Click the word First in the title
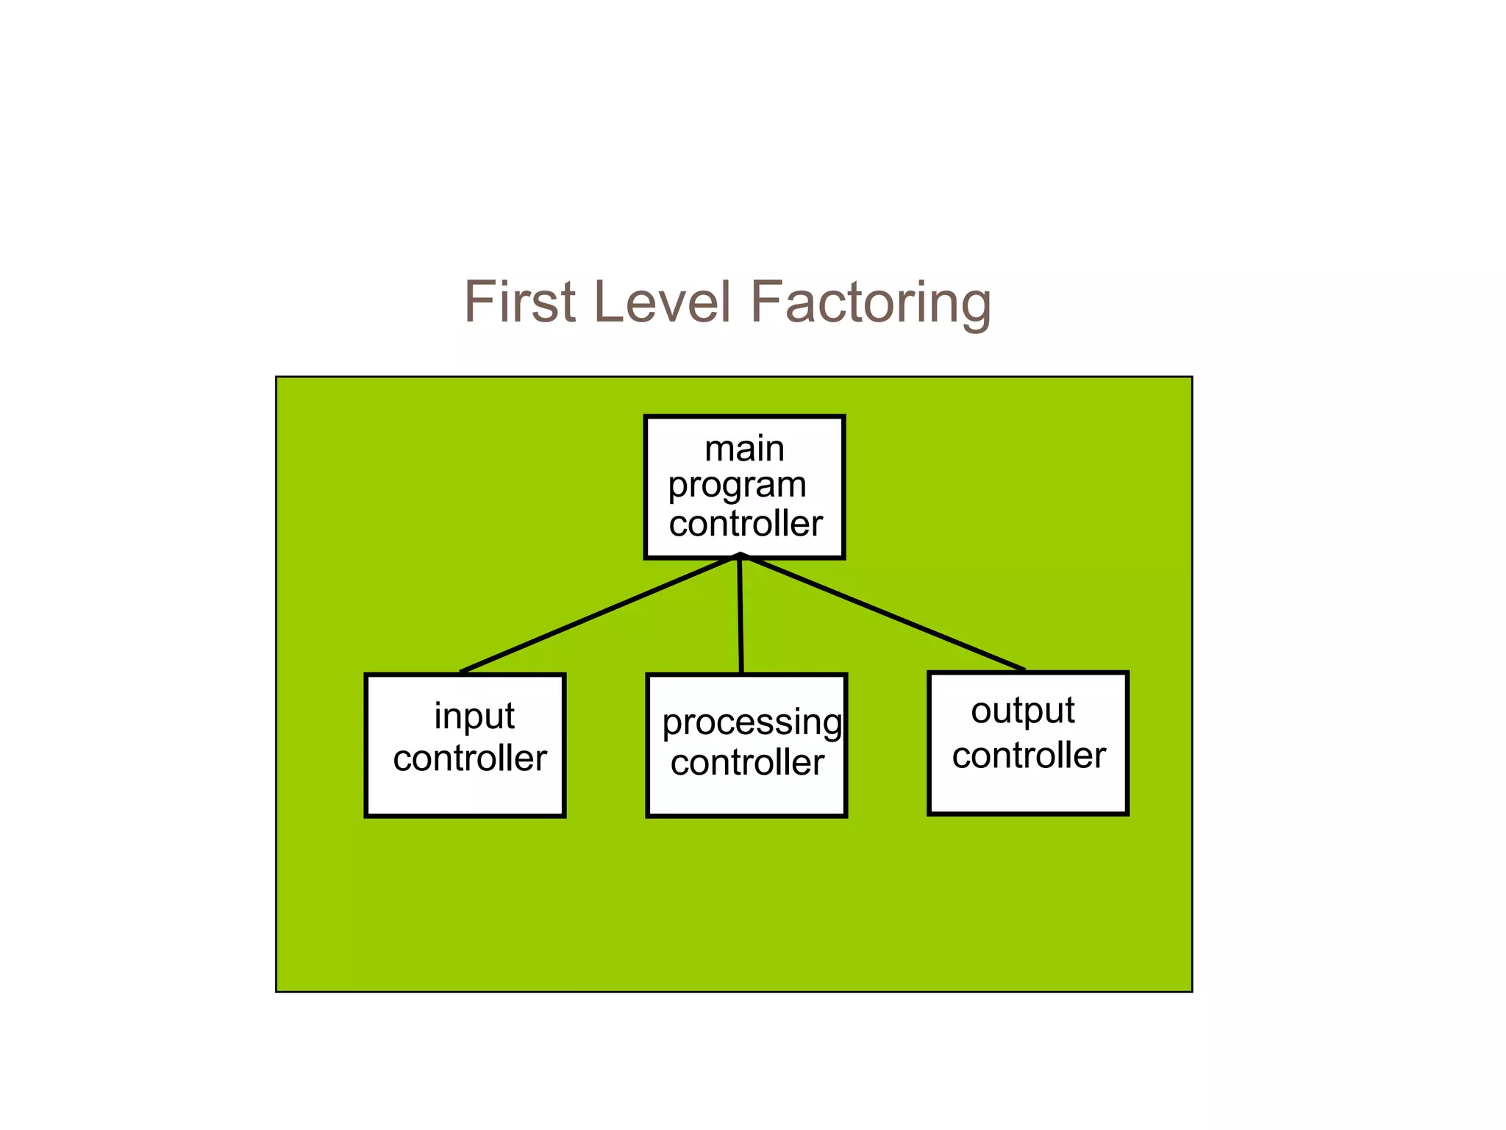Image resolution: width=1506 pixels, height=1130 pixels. coord(519,302)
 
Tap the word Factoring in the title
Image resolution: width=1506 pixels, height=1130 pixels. coord(870,303)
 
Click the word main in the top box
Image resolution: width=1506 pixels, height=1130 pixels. coord(744,449)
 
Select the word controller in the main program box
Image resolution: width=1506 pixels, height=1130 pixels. coord(745,524)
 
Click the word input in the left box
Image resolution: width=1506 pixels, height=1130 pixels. coord(474,717)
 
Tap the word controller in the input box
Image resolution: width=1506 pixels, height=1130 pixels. coord(470,758)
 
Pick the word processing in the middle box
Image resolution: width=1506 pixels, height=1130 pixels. coord(752,722)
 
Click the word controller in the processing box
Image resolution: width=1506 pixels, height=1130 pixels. coord(747,762)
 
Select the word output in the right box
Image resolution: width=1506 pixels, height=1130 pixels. coord(1022,711)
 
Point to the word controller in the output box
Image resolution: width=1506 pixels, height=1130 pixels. coord(1028,756)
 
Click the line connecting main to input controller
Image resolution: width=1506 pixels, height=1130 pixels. coord(599,614)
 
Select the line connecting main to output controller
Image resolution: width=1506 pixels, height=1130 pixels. coord(882,613)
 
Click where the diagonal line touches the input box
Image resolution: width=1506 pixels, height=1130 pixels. coord(462,672)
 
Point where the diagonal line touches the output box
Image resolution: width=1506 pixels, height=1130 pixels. coord(1023,669)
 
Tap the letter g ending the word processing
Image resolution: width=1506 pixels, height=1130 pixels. coord(832,725)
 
